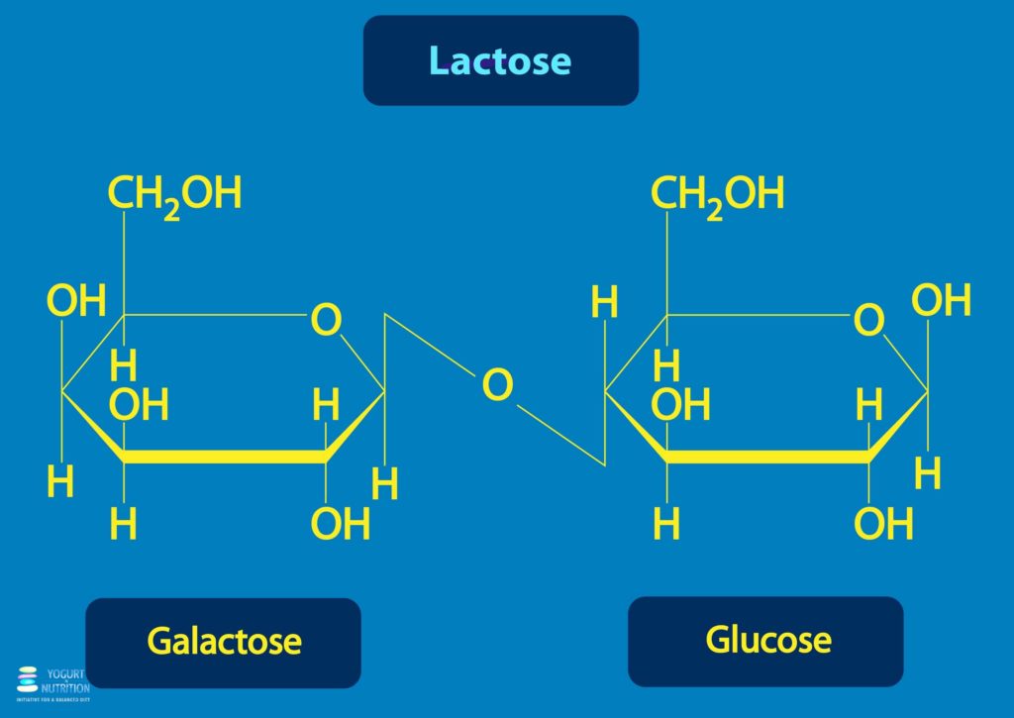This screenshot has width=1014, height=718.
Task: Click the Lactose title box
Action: (x=500, y=60)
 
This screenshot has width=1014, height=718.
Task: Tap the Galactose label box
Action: (x=224, y=642)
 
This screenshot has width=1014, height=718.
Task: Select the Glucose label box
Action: (x=766, y=640)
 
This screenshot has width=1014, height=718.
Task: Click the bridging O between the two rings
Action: (x=498, y=385)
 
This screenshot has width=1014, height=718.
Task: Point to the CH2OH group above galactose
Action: (x=174, y=193)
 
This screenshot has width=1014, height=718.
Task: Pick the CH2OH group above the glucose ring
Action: (x=717, y=193)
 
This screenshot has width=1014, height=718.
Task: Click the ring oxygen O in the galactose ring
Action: (x=326, y=320)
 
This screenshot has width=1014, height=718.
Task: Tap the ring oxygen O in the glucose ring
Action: (x=868, y=320)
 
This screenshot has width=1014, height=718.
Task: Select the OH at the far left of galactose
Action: (x=76, y=301)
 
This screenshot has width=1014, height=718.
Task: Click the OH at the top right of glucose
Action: (x=941, y=300)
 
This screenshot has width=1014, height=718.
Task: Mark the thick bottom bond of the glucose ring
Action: (x=767, y=457)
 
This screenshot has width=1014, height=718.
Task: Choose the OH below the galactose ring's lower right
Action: (x=341, y=524)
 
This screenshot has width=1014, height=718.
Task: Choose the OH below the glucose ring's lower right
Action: (x=883, y=524)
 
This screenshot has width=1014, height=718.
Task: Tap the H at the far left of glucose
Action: (x=604, y=303)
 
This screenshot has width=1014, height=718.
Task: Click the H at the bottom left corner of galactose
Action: (x=60, y=482)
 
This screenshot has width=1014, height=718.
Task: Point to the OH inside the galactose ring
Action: (x=139, y=405)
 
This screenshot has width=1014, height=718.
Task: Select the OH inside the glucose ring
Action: (x=681, y=405)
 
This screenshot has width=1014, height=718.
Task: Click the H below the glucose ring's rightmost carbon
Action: (x=927, y=474)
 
